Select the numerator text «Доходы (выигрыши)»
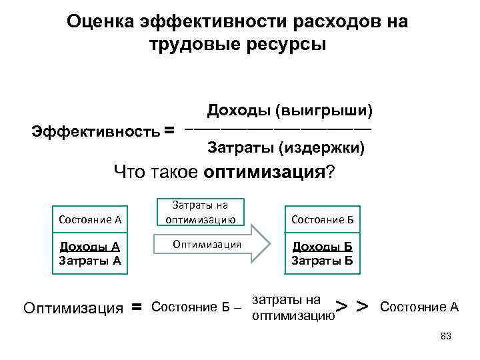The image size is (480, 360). (289, 109)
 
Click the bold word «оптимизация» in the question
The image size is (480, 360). (264, 173)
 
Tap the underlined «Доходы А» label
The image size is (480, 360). (89, 246)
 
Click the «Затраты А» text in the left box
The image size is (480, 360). (89, 259)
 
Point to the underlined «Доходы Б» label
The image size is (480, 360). (323, 246)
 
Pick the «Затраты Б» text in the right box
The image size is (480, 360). (323, 259)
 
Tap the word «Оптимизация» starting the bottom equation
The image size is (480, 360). (73, 308)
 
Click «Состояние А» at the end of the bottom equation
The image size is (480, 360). (419, 307)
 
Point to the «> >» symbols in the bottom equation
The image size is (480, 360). (352, 307)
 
